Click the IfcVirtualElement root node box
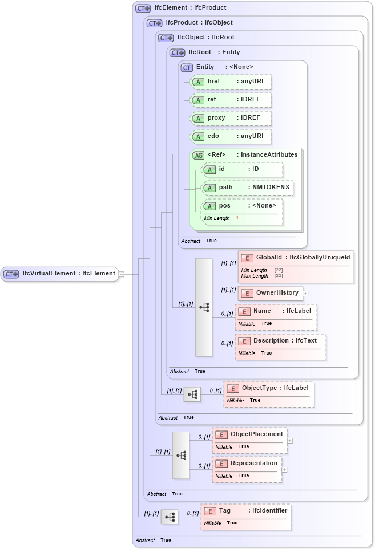59,274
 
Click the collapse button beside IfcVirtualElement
121,274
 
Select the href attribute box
231,82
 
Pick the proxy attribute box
231,118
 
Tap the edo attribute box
231,136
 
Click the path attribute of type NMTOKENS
248,188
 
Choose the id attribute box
242,169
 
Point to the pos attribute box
243,206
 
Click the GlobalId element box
296,258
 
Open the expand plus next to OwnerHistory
305,294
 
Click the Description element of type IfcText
280,341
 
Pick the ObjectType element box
268,388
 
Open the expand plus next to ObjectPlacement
290,440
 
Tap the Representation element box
247,463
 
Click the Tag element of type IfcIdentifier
245,511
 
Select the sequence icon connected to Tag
170,517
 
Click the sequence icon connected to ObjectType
192,394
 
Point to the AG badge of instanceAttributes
198,155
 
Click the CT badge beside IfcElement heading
143,8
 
